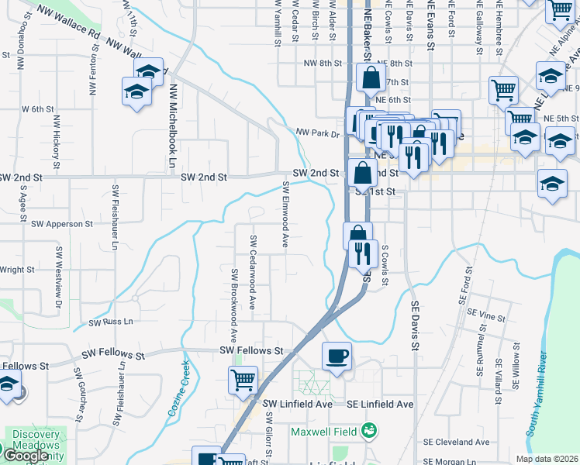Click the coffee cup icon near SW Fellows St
337,356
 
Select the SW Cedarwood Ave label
253,263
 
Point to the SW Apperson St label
62,223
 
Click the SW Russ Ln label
111,322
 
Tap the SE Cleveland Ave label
456,442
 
